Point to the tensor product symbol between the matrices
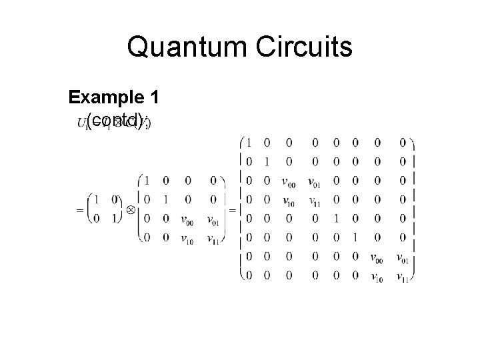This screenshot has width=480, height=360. coord(130,209)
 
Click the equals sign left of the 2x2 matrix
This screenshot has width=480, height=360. coord(79,209)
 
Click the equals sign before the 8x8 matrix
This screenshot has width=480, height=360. coord(233,209)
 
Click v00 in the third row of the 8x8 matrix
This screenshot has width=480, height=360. coord(289,180)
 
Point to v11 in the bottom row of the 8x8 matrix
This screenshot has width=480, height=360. coord(402,277)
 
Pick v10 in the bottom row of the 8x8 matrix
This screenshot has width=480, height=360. coord(377,277)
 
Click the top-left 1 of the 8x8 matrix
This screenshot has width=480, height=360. coord(248,142)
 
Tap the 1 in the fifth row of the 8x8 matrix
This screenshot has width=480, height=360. coord(337,218)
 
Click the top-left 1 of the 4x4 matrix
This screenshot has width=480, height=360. coord(146,180)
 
